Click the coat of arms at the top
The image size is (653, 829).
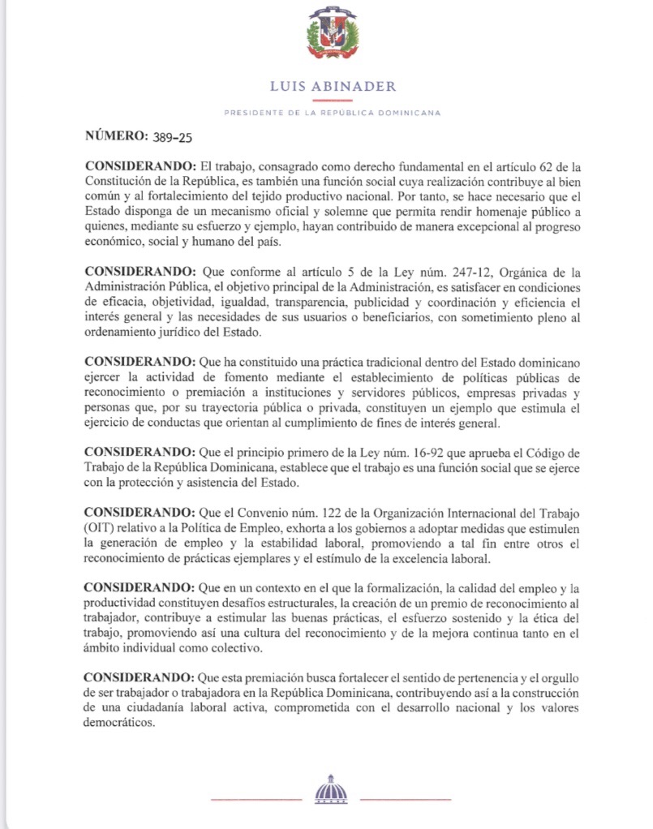point(333,37)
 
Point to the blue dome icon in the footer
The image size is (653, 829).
point(330,788)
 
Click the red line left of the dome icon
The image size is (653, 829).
point(256,799)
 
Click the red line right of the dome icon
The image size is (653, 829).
point(405,799)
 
